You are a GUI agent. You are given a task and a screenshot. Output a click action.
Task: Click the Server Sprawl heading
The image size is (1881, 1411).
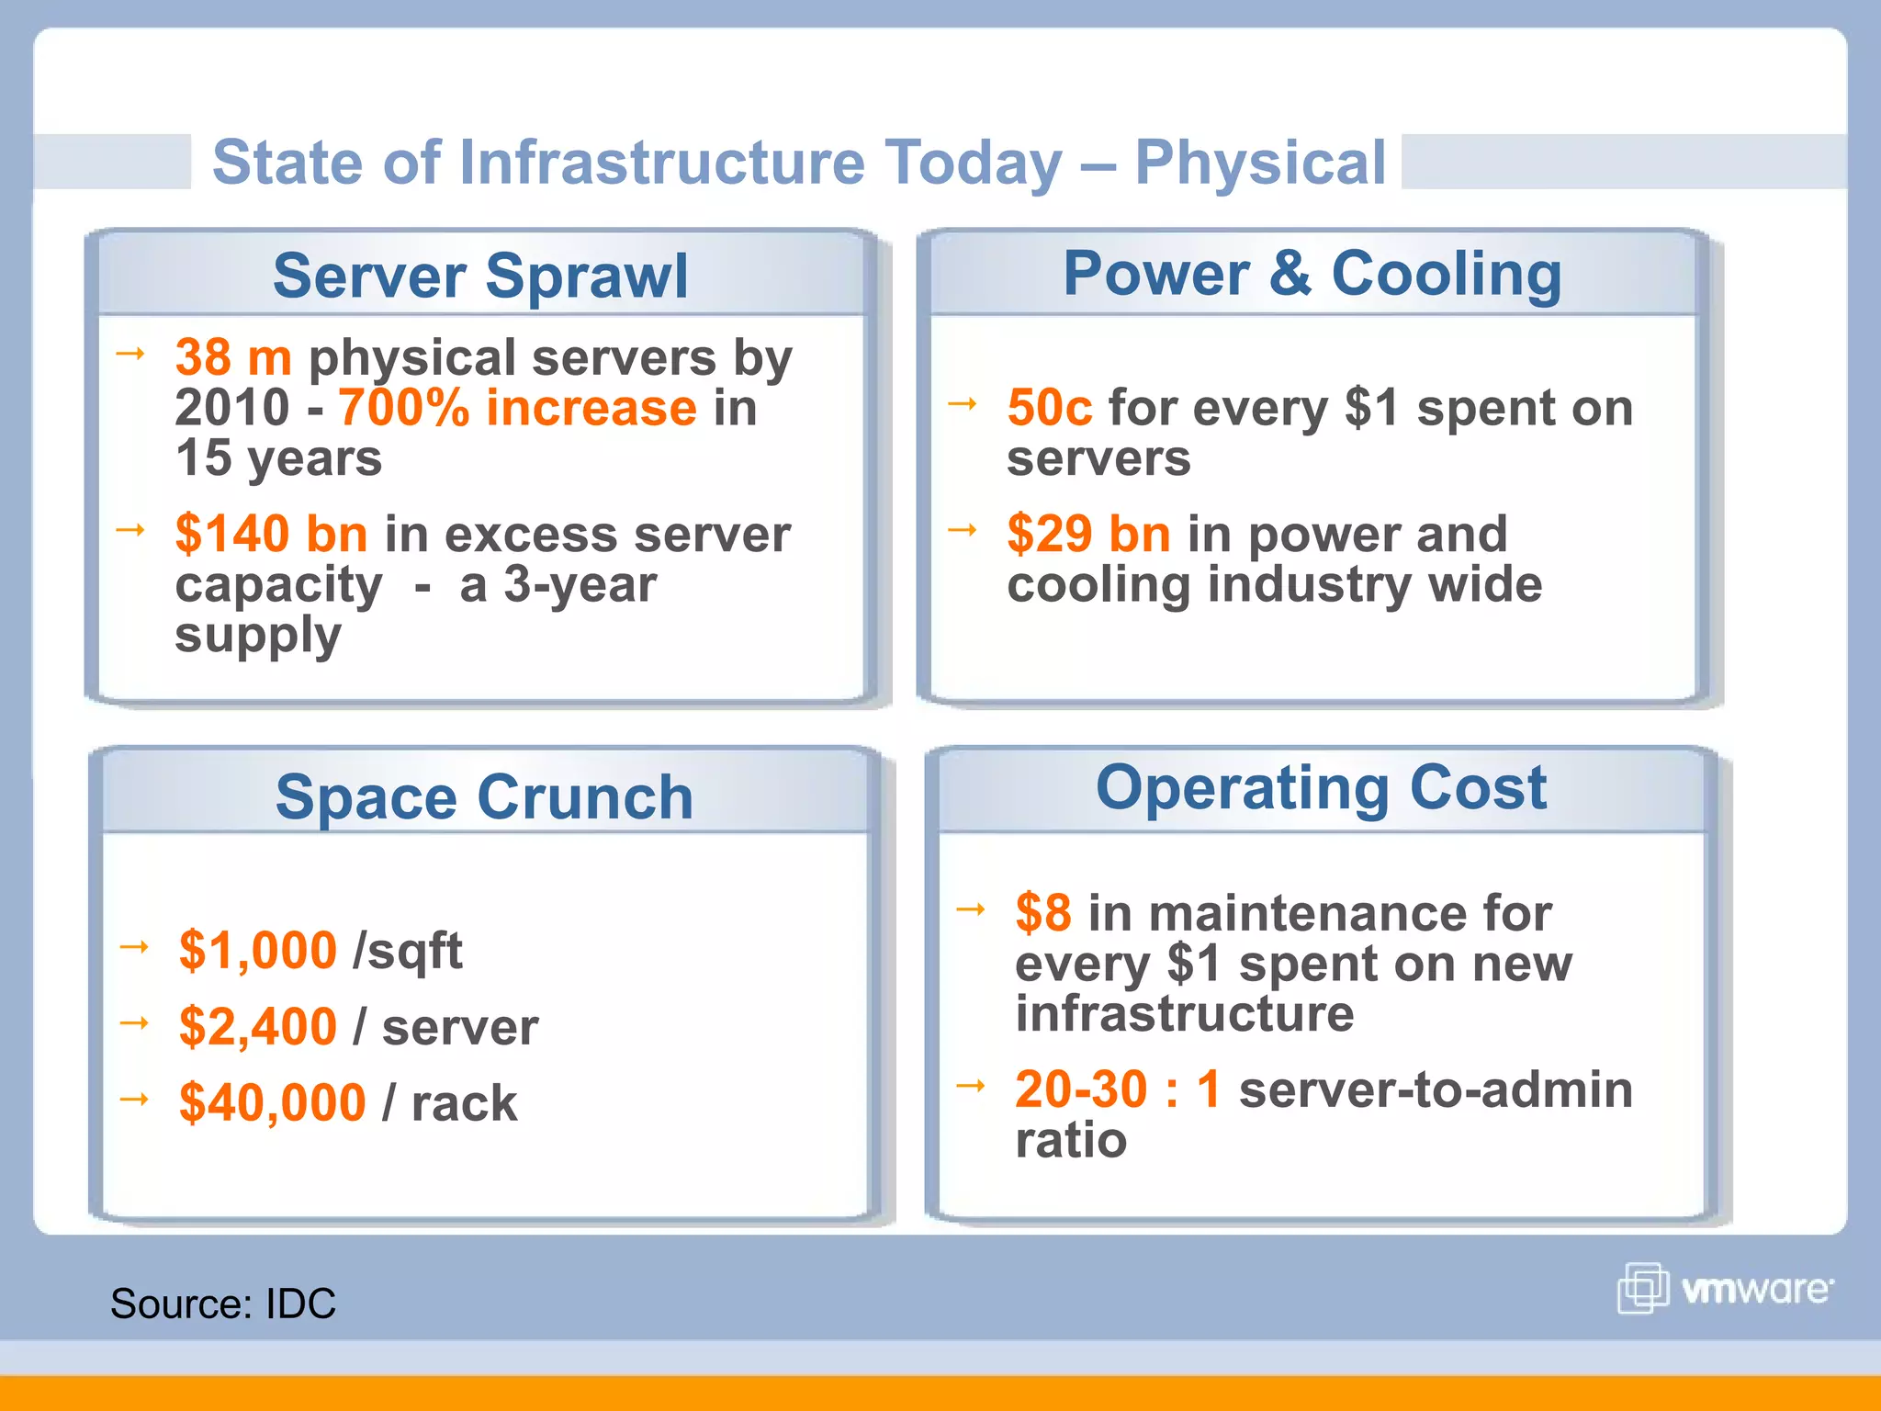tap(479, 276)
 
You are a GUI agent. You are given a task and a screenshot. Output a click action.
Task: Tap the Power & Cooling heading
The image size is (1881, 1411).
tap(1312, 274)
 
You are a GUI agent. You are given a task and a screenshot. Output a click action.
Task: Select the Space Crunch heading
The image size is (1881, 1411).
tap(484, 796)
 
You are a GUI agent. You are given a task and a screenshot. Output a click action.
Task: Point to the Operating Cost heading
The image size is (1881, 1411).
tap(1321, 787)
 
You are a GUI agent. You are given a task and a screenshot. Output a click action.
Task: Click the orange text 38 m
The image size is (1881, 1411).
tap(233, 357)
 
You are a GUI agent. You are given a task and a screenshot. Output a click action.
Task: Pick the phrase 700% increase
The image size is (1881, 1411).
tap(517, 408)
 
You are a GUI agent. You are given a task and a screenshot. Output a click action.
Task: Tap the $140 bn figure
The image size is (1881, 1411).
tap(271, 534)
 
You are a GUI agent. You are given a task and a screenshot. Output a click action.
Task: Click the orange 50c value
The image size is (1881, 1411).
tap(1049, 408)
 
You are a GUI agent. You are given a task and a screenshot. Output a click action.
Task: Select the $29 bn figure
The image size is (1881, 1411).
tap(1088, 534)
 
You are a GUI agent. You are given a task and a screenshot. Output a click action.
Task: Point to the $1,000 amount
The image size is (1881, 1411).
tap(257, 950)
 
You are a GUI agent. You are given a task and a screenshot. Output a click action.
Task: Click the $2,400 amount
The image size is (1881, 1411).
tap(257, 1026)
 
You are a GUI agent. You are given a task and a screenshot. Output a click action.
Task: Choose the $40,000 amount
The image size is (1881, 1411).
tap(272, 1102)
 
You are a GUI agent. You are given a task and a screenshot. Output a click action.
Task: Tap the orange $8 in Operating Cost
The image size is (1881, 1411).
tap(1042, 913)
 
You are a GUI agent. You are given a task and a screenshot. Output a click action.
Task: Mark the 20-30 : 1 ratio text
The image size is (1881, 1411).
tap(1117, 1089)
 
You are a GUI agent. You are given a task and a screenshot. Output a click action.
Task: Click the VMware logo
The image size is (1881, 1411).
tap(1724, 1289)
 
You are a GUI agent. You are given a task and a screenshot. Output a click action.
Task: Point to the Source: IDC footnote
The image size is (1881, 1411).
tap(223, 1304)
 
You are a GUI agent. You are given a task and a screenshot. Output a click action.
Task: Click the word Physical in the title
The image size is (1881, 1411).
tap(1260, 163)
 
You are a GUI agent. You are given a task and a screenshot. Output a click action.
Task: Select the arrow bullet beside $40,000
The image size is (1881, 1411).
tap(134, 1099)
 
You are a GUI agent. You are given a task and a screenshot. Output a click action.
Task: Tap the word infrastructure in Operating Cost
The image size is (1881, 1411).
tap(1184, 1014)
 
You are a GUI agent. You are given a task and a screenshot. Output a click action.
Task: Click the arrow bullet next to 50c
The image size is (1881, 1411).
tap(962, 403)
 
